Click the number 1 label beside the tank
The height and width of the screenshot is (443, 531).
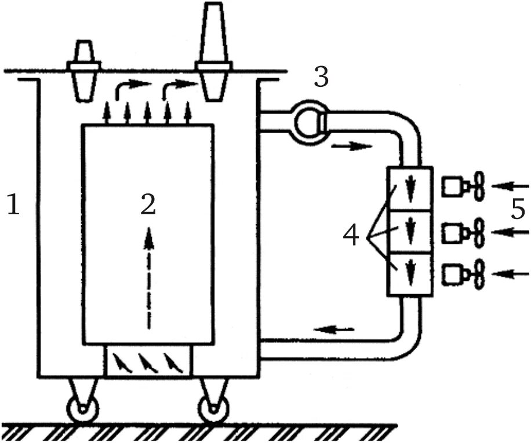[x=13, y=206]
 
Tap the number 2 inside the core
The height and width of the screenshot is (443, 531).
[x=148, y=204]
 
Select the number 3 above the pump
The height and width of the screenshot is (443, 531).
[x=321, y=77]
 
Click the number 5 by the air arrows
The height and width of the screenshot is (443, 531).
[x=518, y=210]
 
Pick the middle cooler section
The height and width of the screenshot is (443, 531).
[x=410, y=232]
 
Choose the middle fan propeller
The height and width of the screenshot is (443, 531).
[x=478, y=232]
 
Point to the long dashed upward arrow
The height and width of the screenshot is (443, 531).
[x=149, y=278]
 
